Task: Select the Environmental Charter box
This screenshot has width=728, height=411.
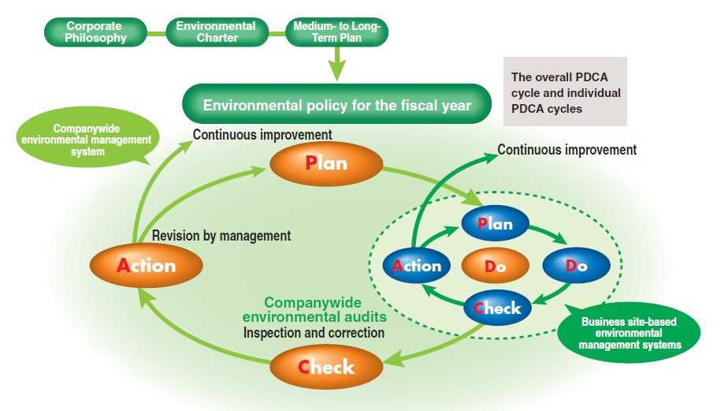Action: tap(215, 32)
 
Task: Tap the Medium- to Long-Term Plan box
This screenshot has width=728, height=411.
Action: tap(336, 32)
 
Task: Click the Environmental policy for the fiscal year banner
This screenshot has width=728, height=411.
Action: tap(336, 105)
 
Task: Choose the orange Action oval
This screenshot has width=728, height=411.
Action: tap(147, 264)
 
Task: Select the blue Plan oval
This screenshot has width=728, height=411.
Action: tap(495, 223)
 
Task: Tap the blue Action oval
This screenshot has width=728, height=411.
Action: tap(417, 265)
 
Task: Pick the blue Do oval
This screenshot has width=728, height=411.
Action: tap(576, 265)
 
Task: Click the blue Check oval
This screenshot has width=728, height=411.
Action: tap(498, 308)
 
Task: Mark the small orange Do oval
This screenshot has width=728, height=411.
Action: tap(495, 266)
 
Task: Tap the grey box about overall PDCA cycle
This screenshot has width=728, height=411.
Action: tap(566, 92)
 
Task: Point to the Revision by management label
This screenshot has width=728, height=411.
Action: tap(221, 235)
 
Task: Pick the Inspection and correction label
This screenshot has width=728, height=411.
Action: tap(314, 333)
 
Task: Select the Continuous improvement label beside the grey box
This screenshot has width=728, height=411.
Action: tap(566, 149)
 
